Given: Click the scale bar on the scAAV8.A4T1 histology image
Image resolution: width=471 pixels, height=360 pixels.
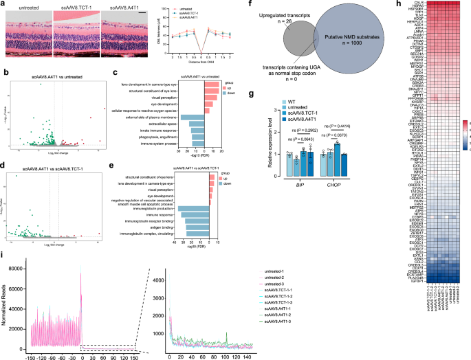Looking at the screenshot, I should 146,14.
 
